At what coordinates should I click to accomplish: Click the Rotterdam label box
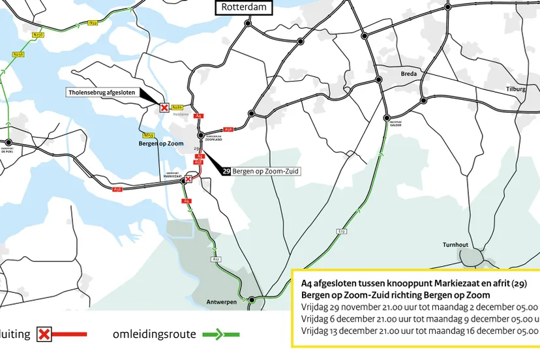coord(245,8)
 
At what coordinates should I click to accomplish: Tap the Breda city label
coord(409,74)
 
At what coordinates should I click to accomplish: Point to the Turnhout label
coord(457,245)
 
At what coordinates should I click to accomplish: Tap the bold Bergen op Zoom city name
coord(161,143)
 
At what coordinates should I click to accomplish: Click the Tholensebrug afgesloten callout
coord(102,93)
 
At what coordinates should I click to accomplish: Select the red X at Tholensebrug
coord(164,108)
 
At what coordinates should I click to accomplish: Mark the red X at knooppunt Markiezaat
coord(189,179)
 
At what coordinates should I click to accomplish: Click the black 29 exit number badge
coord(226,171)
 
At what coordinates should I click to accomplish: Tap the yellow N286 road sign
coord(179,107)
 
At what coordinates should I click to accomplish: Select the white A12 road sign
coord(216,259)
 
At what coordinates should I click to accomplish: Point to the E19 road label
coord(341,232)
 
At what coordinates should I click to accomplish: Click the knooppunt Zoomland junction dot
coord(201,135)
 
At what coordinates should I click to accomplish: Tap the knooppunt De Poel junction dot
coord(8,142)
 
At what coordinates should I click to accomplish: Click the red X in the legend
coord(44,335)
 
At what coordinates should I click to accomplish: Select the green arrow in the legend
coord(220,335)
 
